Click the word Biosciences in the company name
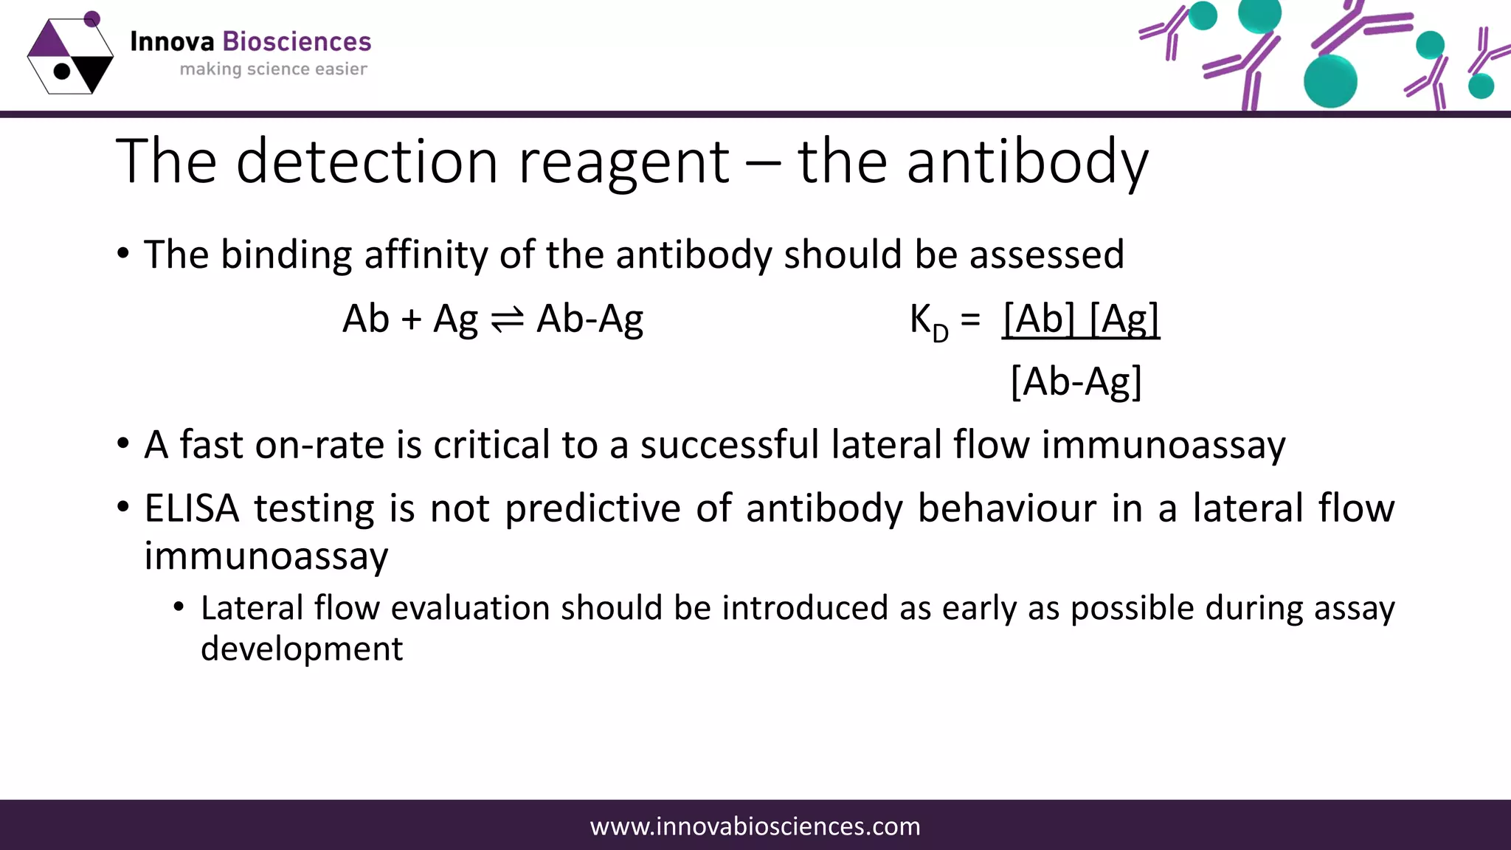tap(297, 42)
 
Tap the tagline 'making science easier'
tap(273, 69)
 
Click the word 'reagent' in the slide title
tap(623, 162)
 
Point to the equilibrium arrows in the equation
tap(507, 319)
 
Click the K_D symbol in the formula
tap(928, 322)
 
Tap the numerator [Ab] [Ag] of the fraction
tap(1081, 319)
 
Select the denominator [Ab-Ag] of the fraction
tap(1076, 382)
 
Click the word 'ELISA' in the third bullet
tap(192, 508)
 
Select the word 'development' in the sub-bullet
tap(302, 649)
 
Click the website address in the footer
tap(755, 826)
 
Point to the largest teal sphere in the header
tap(1330, 81)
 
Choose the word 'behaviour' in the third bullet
tap(1006, 508)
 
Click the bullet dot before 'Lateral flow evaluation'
tap(179, 607)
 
